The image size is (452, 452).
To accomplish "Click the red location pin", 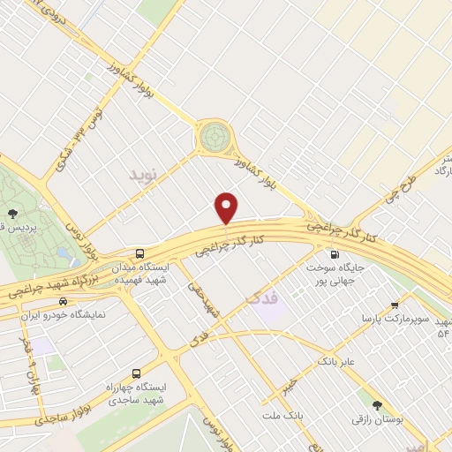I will (x=228, y=207).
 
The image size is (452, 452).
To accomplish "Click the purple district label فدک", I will (x=264, y=300).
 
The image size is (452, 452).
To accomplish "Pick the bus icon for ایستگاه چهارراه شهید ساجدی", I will (x=135, y=373).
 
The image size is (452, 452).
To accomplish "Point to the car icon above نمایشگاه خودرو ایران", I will (x=63, y=302).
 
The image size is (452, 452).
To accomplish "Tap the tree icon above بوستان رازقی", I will (x=378, y=406).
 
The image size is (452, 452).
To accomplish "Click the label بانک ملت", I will (x=289, y=413).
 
